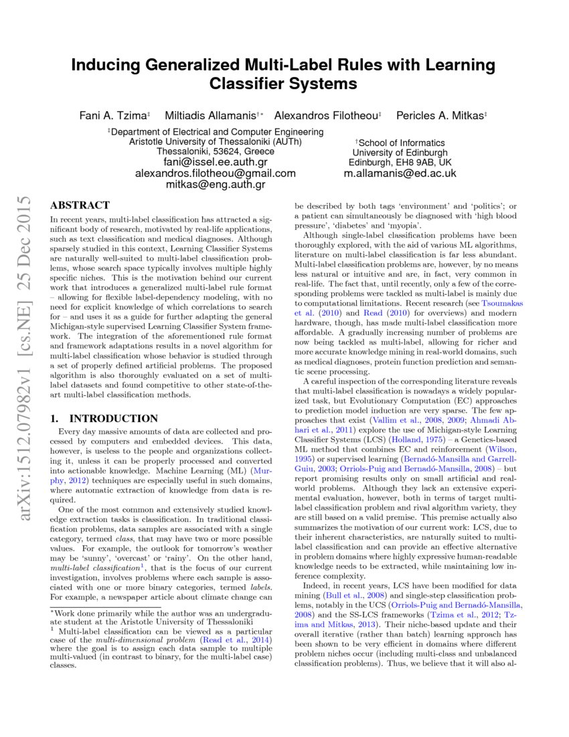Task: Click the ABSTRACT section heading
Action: (80, 206)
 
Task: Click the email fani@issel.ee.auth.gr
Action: (216, 162)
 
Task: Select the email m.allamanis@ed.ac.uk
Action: (400, 173)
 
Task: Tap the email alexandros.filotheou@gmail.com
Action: (216, 173)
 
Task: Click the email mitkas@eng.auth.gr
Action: (216, 184)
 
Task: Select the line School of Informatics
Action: (400, 143)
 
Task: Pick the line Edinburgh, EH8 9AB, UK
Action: (400, 162)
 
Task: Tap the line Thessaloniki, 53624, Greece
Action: (216, 152)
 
